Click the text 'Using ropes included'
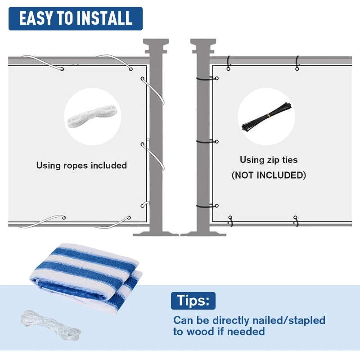pos(81,165)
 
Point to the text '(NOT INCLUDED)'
pos(269,175)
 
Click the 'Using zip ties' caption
pos(269,160)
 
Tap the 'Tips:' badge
pos(193,301)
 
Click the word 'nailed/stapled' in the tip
pos(288,320)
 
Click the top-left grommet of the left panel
pos(62,69)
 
